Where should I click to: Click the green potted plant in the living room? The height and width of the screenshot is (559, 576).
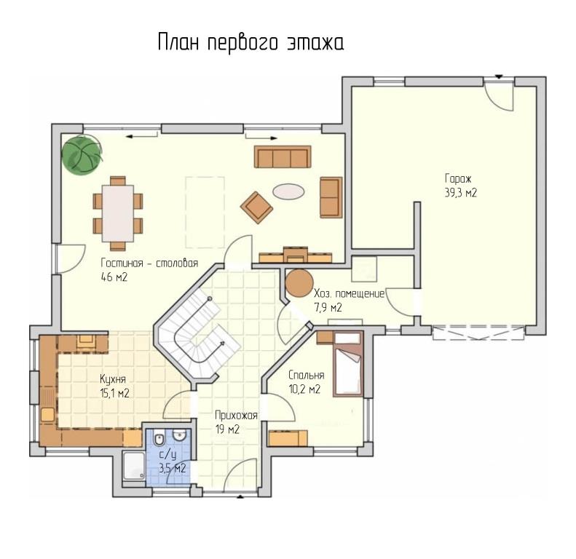(81, 154)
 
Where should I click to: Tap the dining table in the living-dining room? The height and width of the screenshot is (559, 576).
(118, 213)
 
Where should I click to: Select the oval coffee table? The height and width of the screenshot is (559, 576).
(288, 191)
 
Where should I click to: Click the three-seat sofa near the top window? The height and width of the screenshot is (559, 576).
(282, 156)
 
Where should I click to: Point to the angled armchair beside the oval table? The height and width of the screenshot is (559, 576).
(256, 207)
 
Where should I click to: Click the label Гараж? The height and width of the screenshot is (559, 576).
(458, 179)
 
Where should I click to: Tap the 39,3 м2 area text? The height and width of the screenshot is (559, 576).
(461, 193)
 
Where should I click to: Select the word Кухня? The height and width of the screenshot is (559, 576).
(113, 379)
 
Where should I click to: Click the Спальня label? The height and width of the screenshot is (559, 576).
(307, 376)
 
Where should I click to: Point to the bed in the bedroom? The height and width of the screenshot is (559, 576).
(347, 364)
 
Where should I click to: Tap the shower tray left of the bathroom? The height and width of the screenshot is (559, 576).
(134, 465)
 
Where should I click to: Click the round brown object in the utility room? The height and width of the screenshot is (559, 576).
(299, 283)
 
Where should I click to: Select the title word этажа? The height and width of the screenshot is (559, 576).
(315, 43)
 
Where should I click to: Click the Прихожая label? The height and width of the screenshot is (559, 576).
(236, 416)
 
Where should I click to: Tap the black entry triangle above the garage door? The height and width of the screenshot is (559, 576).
(499, 76)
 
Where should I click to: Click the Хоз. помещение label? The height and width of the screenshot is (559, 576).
(350, 294)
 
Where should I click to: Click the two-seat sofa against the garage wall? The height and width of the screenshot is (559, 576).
(331, 197)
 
